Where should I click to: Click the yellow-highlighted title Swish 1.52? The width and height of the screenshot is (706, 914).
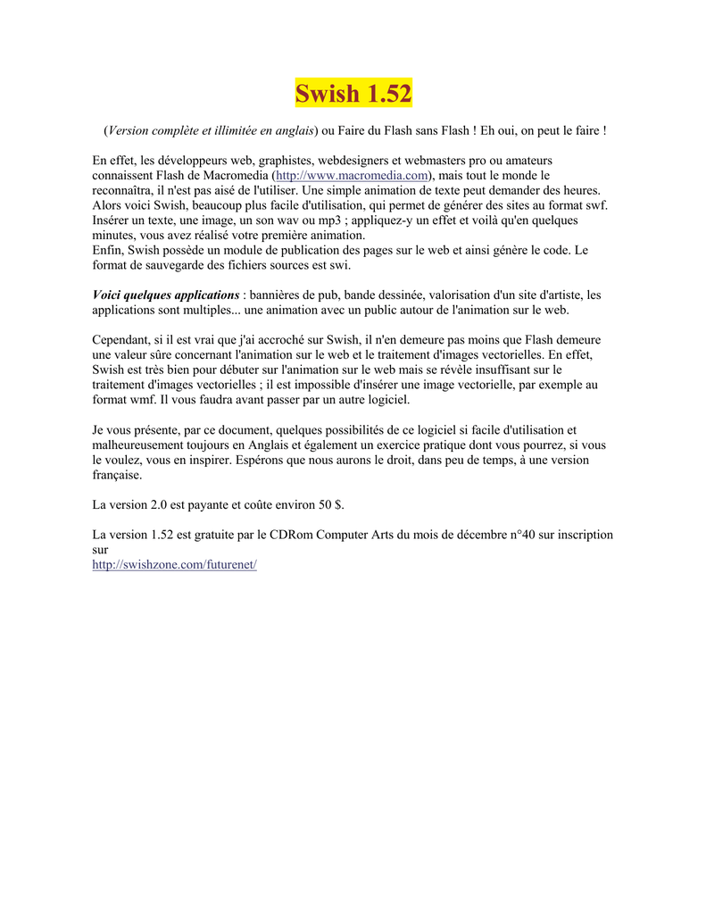click(x=353, y=93)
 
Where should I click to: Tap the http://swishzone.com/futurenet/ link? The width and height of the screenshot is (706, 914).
click(x=174, y=566)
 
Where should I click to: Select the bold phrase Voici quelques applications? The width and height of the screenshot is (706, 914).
click(x=166, y=295)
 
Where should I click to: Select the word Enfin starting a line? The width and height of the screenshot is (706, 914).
click(x=108, y=251)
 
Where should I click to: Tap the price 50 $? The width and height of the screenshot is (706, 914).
click(x=330, y=505)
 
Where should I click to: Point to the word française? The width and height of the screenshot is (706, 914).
click(x=117, y=475)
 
